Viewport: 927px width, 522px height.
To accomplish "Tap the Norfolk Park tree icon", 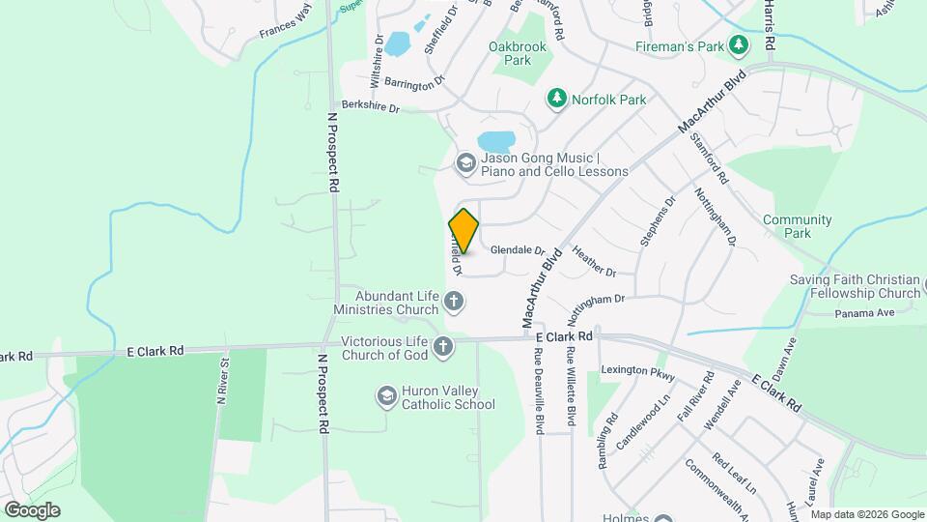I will pos(556,99).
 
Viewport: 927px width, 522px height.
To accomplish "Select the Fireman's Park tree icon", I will pos(739,45).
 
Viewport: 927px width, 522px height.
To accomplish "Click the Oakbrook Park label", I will pos(518,53).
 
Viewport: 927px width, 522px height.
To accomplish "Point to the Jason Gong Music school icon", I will pos(465,163).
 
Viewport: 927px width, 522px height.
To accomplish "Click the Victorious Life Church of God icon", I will pos(442,347).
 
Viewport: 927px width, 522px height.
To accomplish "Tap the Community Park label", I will pos(798,226).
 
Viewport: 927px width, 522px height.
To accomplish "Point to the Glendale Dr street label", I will pos(518,249).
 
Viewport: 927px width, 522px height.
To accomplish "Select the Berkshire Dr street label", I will pos(370,106).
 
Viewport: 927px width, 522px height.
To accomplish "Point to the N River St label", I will pos(223,381).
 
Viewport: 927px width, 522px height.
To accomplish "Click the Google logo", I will pos(31,510).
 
